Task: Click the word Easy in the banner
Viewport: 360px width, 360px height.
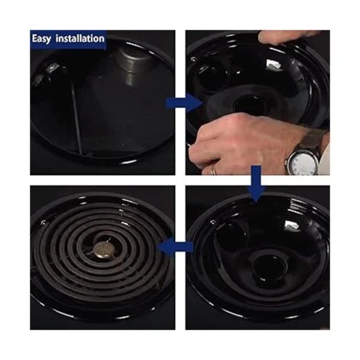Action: pos(41,38)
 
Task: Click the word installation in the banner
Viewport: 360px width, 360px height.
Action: pos(80,38)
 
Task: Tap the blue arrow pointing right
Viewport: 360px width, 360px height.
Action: pos(184,103)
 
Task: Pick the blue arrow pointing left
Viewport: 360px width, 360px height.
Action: pos(175,247)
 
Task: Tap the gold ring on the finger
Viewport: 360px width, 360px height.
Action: pos(214,170)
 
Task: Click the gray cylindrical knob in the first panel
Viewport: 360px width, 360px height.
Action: pos(134,61)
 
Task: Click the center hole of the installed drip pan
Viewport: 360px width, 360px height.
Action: pos(269,268)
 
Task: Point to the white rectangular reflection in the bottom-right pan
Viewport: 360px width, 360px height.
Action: pos(292,225)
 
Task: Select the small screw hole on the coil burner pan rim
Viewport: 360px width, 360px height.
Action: pos(43,222)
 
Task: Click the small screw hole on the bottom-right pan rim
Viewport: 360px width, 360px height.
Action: pos(213,222)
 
